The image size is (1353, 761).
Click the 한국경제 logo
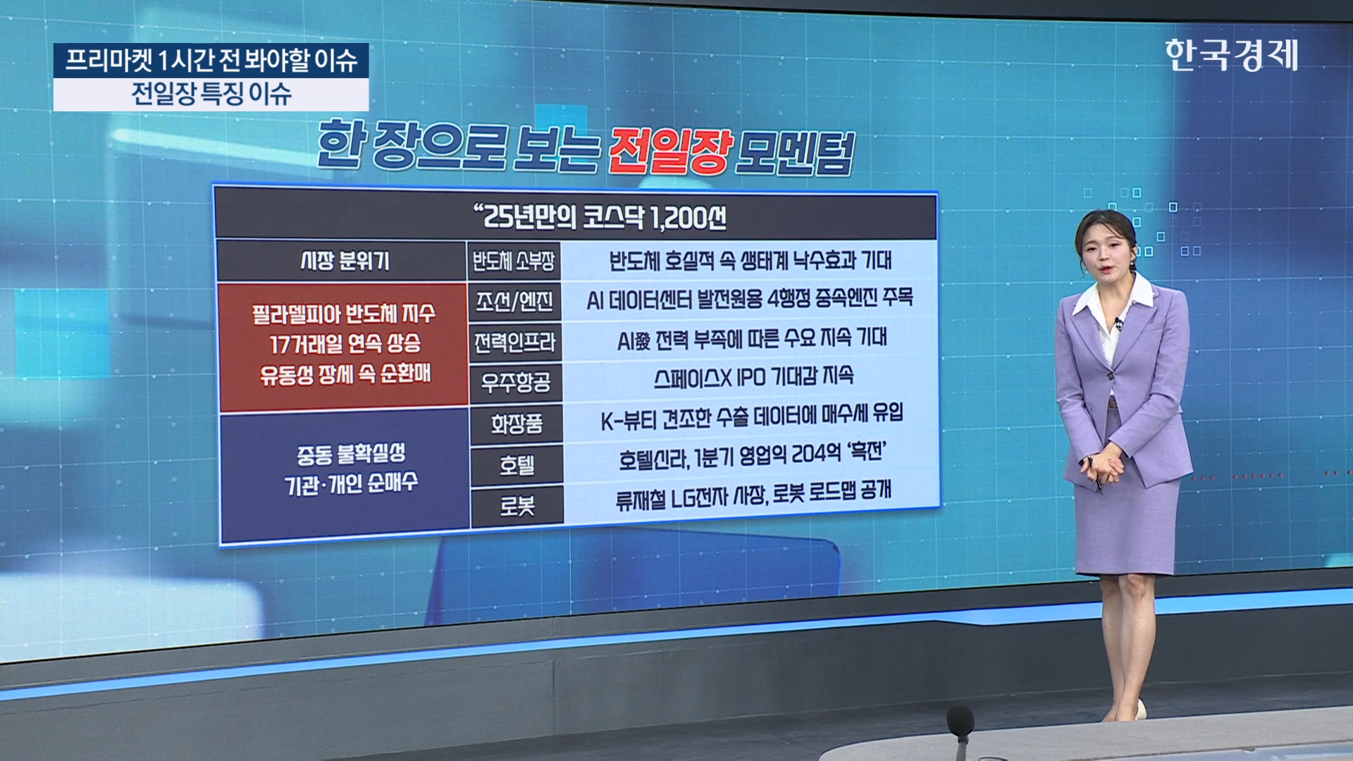(1231, 55)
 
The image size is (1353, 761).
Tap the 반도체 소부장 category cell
(514, 261)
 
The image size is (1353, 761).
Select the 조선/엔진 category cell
(514, 302)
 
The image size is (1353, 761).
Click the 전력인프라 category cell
(514, 342)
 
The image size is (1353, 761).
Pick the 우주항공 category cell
(515, 383)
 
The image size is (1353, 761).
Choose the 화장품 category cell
(517, 424)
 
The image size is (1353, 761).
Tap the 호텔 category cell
(517, 465)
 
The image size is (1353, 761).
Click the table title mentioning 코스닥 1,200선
(600, 217)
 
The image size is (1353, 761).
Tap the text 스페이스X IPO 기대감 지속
(753, 377)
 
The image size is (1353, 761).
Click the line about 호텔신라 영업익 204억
(752, 456)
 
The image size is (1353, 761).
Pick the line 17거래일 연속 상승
(345, 344)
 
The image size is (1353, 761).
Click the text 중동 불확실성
(350, 454)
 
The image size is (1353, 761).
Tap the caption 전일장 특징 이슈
(211, 94)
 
